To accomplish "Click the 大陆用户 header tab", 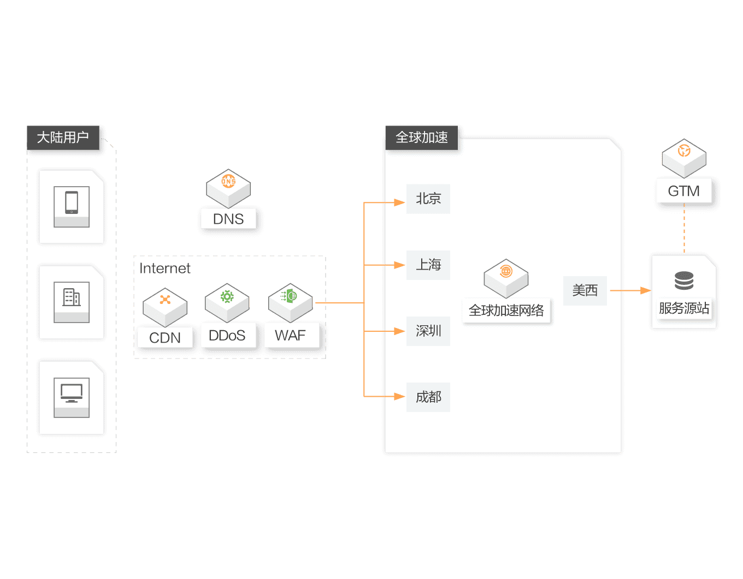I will [63, 138].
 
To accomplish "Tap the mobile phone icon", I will [72, 202].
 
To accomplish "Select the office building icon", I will [72, 297].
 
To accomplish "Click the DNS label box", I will [228, 219].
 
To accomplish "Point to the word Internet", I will [165, 268].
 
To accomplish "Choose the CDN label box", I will [164, 338].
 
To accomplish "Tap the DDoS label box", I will [227, 336].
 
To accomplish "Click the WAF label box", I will [291, 336].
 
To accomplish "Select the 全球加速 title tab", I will [422, 138].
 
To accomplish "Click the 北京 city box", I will [428, 199].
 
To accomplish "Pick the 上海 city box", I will [428, 265].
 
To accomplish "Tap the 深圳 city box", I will [428, 331].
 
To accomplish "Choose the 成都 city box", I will [428, 397].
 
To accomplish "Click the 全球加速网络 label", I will [506, 311].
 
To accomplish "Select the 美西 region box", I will [585, 290].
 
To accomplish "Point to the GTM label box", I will [683, 191].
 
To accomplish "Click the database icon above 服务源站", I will [684, 280].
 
